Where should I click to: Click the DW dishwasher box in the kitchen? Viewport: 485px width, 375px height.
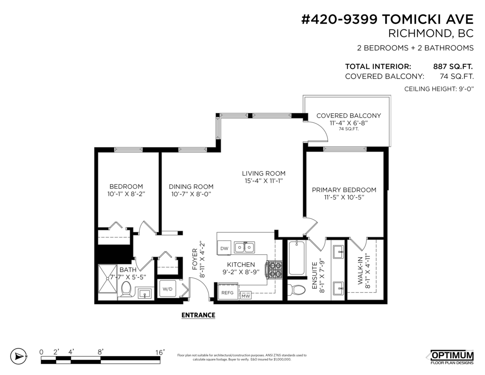(224, 248)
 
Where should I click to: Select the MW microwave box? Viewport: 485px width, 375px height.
(245, 296)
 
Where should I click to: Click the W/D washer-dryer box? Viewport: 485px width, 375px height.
(167, 289)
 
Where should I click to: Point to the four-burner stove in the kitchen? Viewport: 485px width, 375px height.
(273, 270)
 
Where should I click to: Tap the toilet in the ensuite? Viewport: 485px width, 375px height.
(297, 290)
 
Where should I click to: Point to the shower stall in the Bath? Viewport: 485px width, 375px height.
(108, 279)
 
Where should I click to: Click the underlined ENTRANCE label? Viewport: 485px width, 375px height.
(198, 315)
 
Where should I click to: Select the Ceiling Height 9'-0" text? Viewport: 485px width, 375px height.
(439, 89)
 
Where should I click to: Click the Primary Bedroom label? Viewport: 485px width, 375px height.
(344, 190)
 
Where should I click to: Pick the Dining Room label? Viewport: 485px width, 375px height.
(191, 186)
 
